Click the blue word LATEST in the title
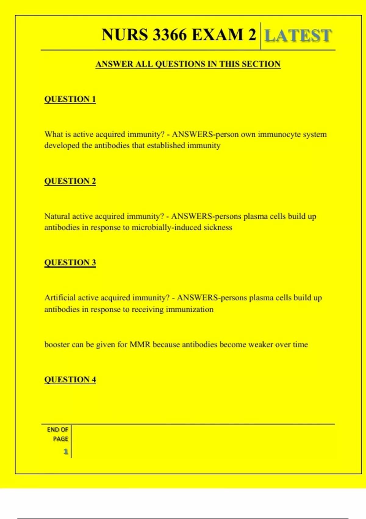coord(298,35)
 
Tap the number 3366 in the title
coord(170,34)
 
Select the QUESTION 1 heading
coord(70,99)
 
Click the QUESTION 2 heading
coord(70,181)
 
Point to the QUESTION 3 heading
coord(70,263)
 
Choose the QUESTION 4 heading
coord(70,379)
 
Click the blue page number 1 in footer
coord(66,452)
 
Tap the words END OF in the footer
coord(57,430)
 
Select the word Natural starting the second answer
coord(57,216)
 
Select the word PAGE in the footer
coord(60,439)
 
